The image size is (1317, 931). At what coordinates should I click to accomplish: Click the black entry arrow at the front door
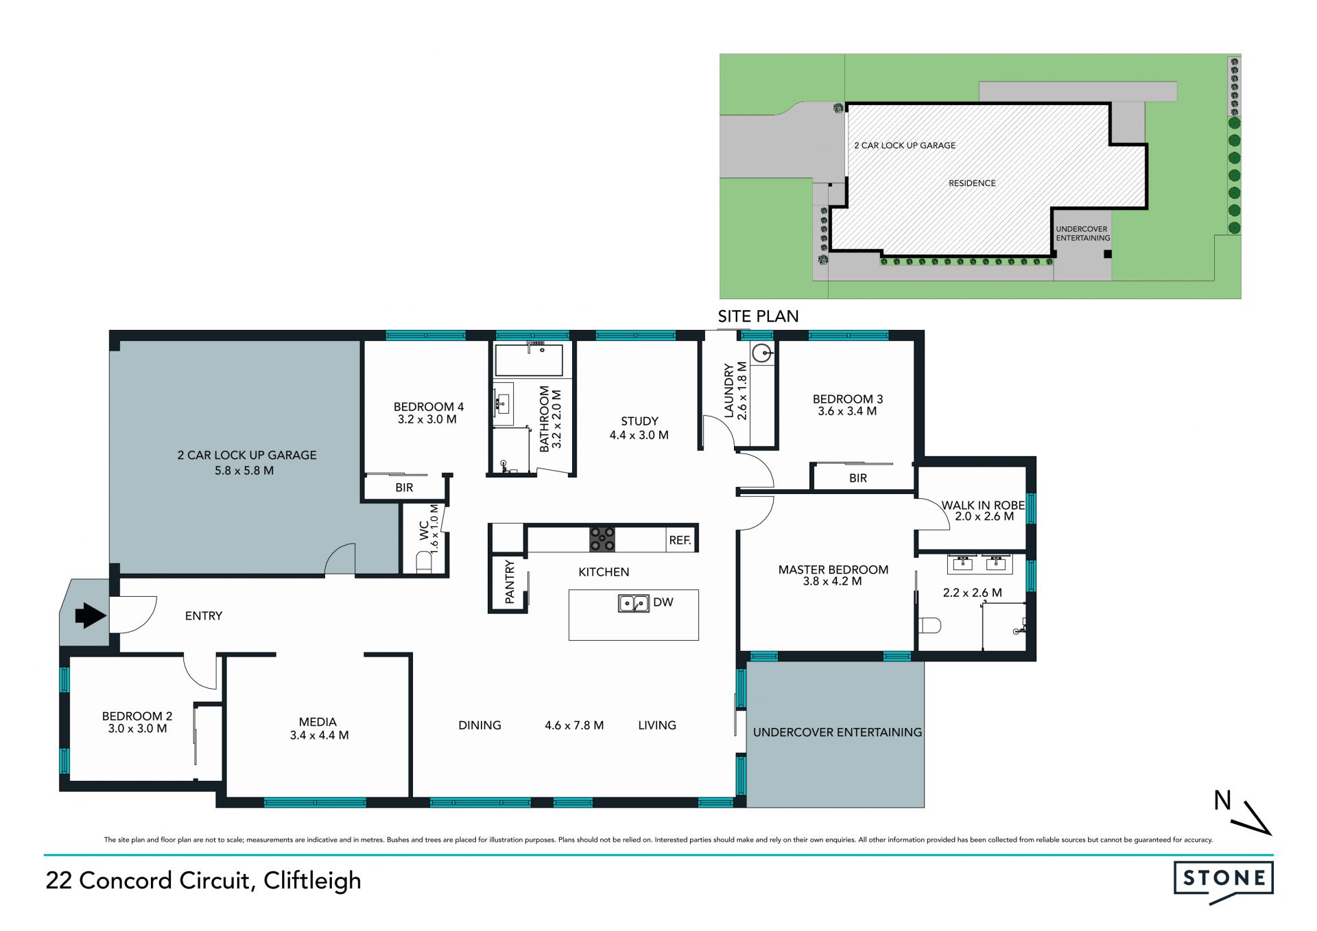(x=90, y=615)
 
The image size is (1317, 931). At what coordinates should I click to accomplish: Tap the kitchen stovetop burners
(x=602, y=539)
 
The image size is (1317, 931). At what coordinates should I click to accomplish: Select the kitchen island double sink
(x=634, y=603)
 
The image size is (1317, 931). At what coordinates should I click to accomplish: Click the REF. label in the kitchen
(x=680, y=541)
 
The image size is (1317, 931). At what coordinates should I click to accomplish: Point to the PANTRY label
(x=510, y=582)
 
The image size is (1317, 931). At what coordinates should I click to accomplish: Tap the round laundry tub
(x=761, y=353)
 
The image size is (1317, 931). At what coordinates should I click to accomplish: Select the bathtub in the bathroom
(x=529, y=360)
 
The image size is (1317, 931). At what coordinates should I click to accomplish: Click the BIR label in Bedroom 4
(x=404, y=488)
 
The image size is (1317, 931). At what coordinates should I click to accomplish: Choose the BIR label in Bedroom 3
(x=858, y=478)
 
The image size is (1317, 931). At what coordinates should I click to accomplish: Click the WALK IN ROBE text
(x=983, y=505)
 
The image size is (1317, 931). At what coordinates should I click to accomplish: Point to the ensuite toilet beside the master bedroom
(x=929, y=626)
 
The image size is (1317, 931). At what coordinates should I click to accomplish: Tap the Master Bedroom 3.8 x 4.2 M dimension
(x=833, y=581)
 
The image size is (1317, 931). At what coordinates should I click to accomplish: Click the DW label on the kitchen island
(x=663, y=602)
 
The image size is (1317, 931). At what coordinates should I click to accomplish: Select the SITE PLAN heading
(x=758, y=316)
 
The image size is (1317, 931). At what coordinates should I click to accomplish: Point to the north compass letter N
(x=1222, y=801)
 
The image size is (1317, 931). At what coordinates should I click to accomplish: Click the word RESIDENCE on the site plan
(x=972, y=183)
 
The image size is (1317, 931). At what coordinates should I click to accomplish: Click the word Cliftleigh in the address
(x=312, y=881)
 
